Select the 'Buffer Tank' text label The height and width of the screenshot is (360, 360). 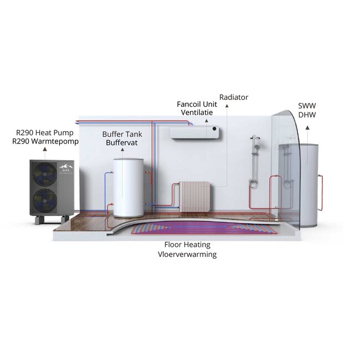pyautogui.click(x=122, y=134)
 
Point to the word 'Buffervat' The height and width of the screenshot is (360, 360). pyautogui.click(x=122, y=143)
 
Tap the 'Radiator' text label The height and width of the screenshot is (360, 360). pyautogui.click(x=234, y=97)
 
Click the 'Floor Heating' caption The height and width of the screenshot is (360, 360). pyautogui.click(x=186, y=244)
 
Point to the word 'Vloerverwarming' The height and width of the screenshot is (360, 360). pyautogui.click(x=186, y=254)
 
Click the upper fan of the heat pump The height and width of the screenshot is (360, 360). pyautogui.click(x=45, y=175)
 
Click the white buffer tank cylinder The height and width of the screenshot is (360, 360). pyautogui.click(x=128, y=187)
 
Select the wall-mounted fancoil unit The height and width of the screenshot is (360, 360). pyautogui.click(x=194, y=132)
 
